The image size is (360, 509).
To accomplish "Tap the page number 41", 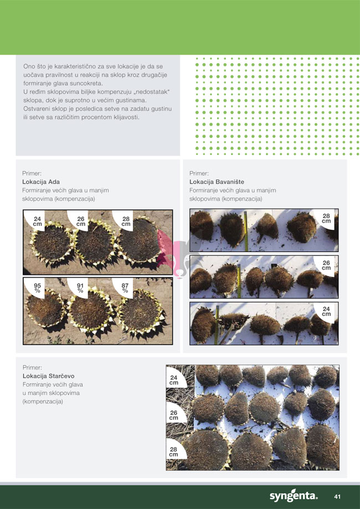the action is [337, 497].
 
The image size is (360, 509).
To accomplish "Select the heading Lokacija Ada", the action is [41, 182].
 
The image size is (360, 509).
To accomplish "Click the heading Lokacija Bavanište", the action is [217, 182].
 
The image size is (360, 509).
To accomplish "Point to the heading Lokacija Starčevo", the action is [48, 376].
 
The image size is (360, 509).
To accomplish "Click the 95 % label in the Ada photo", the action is [37, 287].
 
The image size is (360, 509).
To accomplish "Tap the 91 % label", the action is [80, 287].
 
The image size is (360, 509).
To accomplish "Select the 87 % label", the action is [125, 287].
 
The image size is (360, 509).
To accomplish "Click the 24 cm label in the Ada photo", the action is [38, 222].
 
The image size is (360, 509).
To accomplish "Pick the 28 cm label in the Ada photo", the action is [126, 222].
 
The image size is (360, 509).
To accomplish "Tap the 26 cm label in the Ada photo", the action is [81, 222].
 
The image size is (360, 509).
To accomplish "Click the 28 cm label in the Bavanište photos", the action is [326, 218].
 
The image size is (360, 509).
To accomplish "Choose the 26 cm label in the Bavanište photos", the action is [326, 265].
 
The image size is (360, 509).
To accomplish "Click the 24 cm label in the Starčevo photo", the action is [174, 380].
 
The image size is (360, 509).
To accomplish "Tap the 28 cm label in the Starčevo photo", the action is [174, 452].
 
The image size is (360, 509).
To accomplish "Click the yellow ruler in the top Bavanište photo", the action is [246, 231].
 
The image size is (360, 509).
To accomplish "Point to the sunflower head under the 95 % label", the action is [45, 309].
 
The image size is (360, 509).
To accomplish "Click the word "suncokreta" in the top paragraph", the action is [86, 84].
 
